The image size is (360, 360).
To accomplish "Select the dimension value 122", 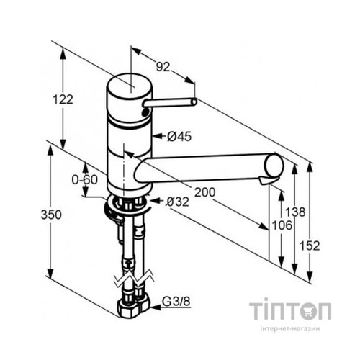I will pyautogui.click(x=64, y=100).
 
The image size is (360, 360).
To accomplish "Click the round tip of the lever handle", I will pyautogui.click(x=194, y=102).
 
